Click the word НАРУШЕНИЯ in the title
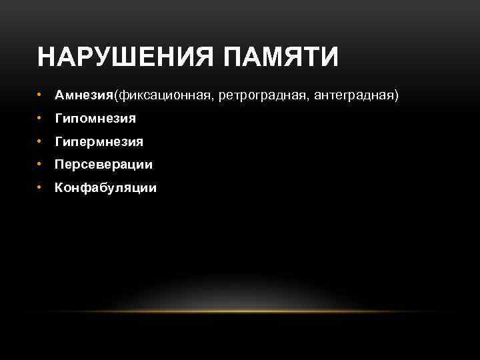(x=125, y=57)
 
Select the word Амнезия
(x=84, y=96)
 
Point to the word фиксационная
(x=163, y=96)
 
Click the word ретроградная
(x=253, y=97)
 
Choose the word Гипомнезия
(x=95, y=119)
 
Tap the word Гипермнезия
(x=99, y=141)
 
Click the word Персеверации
(x=103, y=165)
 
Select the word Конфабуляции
(x=106, y=187)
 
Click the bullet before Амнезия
(x=41, y=96)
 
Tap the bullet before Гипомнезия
(x=41, y=119)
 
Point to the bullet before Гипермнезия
(x=41, y=141)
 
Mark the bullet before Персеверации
(x=41, y=164)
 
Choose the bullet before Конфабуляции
(x=41, y=187)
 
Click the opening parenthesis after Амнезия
(x=116, y=97)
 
